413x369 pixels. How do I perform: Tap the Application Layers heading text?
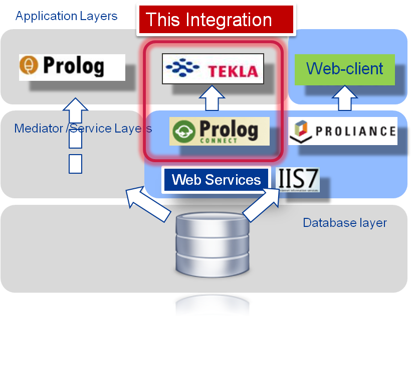pyautogui.click(x=66, y=16)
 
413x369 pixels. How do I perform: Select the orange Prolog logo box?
pyautogui.click(x=72, y=67)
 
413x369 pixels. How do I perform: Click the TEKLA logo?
pyautogui.click(x=213, y=69)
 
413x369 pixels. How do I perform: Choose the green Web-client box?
pyautogui.click(x=344, y=69)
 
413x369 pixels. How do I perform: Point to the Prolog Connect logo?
pyautogui.click(x=219, y=131)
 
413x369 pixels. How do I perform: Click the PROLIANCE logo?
pyautogui.click(x=343, y=131)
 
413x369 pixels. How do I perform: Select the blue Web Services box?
pyautogui.click(x=216, y=180)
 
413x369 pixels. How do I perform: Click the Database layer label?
pyautogui.click(x=344, y=222)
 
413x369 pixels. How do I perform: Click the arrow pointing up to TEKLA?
pyautogui.click(x=213, y=98)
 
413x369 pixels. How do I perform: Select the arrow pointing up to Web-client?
pyautogui.click(x=344, y=98)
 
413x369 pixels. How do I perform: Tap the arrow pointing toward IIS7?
pyautogui.click(x=261, y=205)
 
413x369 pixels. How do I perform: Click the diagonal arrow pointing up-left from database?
pyautogui.click(x=148, y=203)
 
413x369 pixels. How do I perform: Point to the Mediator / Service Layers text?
pyautogui.click(x=83, y=129)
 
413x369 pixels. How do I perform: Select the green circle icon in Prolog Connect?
pyautogui.click(x=183, y=132)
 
